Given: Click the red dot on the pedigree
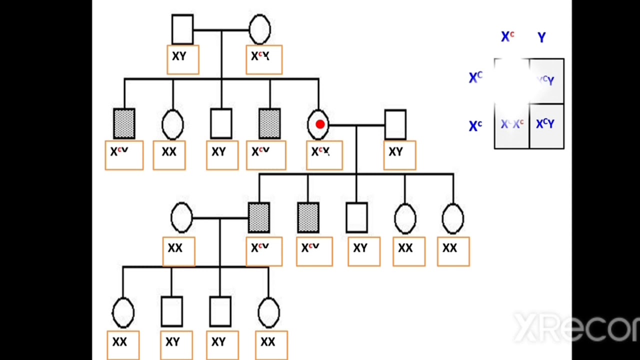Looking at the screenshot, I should point(320,124).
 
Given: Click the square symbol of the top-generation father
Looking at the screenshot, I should point(182,29).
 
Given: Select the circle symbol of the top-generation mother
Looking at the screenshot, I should point(259,29).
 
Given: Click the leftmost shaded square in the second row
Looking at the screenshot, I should point(124,123).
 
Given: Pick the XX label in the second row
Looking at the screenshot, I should point(169,152).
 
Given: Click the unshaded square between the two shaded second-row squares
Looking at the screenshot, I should point(221,123).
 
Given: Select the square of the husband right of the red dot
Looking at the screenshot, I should point(395,124).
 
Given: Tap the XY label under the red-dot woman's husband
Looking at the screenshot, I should point(395,152).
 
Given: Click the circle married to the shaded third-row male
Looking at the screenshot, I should point(181,218).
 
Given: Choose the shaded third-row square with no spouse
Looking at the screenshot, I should point(307,218).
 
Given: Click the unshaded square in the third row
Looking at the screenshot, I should point(356,218).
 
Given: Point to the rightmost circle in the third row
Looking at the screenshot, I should point(453,218).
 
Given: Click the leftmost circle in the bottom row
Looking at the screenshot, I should point(123,312).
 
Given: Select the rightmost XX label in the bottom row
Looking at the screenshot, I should point(268,342).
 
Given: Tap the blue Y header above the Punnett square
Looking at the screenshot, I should point(541,37).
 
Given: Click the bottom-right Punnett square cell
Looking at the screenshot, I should point(546,125).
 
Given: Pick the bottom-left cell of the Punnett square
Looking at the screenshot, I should point(512,125).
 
